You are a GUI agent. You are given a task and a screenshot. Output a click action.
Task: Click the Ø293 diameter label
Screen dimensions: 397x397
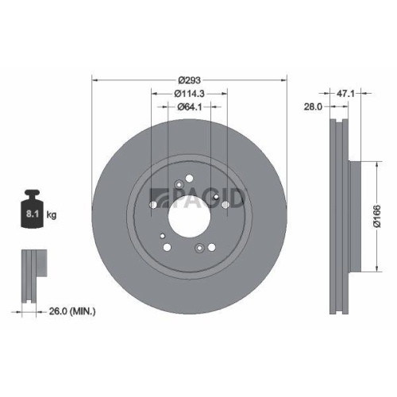(x=190, y=79)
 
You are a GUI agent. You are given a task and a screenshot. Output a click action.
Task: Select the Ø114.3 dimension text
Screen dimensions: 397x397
(x=190, y=93)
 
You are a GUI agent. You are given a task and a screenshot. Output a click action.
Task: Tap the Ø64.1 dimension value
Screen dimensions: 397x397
(x=190, y=106)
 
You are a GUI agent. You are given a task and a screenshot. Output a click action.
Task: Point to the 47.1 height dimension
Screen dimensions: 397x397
(x=345, y=93)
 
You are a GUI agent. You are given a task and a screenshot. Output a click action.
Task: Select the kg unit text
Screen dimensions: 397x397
(x=52, y=215)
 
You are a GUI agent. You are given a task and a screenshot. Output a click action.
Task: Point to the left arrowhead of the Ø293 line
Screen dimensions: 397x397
(x=96, y=79)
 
